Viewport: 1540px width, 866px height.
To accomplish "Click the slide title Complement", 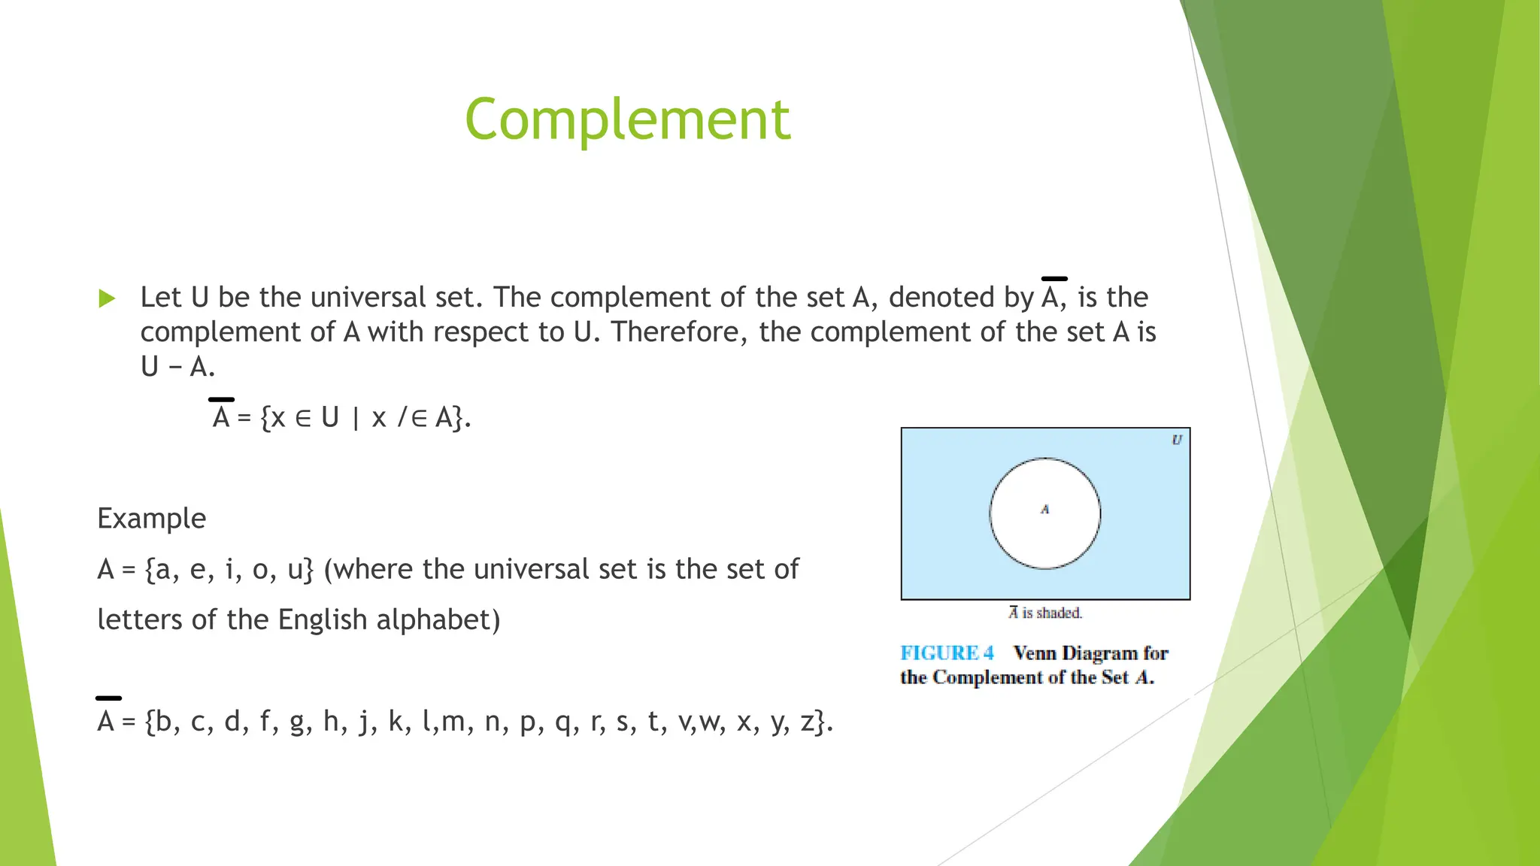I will pos(627,120).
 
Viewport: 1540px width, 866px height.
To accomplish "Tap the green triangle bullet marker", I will pos(107,298).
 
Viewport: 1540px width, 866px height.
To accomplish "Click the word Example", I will pos(151,519).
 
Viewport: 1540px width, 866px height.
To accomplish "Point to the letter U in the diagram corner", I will pos(1177,440).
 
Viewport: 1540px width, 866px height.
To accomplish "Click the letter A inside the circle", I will pos(1044,510).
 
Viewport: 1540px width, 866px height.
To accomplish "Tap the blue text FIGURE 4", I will pos(947,653).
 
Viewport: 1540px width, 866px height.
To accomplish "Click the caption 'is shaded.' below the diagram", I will pos(1051,613).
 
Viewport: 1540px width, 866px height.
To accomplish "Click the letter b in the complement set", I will pos(163,722).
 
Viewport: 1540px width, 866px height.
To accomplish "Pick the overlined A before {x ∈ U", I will pos(220,416).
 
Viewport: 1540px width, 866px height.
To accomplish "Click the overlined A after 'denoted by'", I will pos(1051,297).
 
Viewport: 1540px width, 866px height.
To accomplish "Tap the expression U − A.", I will pos(177,367).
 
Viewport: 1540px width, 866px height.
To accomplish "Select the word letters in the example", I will pos(140,620).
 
